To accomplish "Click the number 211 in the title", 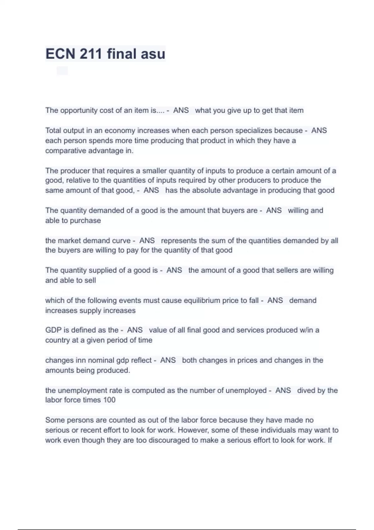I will tap(91, 54).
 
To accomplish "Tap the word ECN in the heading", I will tap(60, 54).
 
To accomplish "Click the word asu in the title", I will tap(153, 54).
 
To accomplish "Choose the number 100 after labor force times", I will tap(109, 400).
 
